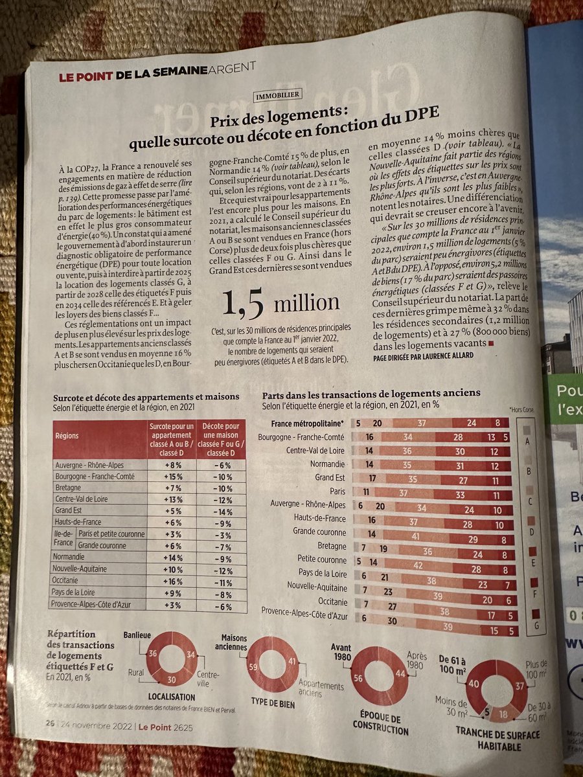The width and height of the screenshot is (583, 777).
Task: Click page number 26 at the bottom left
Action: click(x=49, y=723)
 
